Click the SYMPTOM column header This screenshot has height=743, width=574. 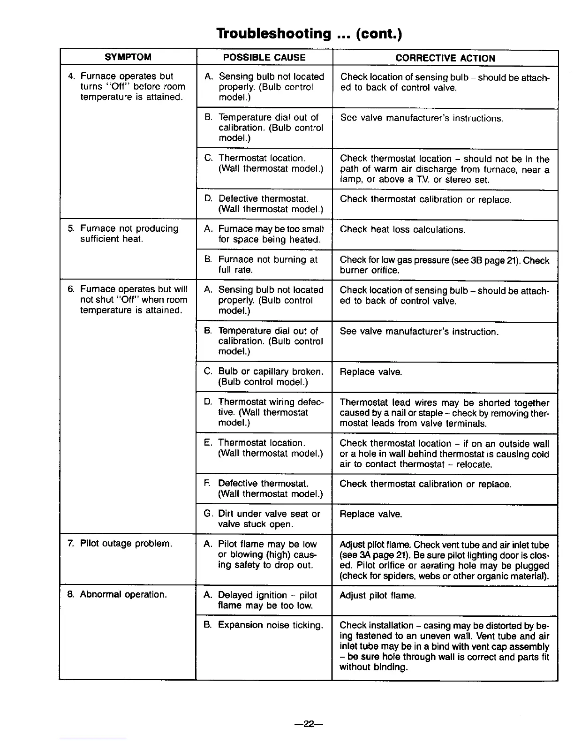pos(128,57)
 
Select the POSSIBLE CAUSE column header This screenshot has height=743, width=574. pos(264,58)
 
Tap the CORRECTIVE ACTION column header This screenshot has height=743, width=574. pos(445,58)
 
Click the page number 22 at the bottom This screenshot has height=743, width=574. pos(308,724)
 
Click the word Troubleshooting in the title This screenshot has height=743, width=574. pos(273,33)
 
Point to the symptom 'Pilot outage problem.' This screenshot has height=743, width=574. pos(126,544)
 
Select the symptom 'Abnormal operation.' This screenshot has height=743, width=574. pos(123,595)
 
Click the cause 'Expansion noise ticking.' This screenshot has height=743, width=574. pos(270,625)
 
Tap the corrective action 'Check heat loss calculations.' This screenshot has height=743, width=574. pos(402,229)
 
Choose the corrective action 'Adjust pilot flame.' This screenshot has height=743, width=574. pos(378,596)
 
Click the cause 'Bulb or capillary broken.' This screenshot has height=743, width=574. pos(271,372)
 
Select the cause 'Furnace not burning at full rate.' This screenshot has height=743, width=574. pos(267,265)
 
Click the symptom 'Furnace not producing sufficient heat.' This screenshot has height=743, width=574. pos(129,234)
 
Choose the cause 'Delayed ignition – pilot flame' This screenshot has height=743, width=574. pos(267,600)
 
